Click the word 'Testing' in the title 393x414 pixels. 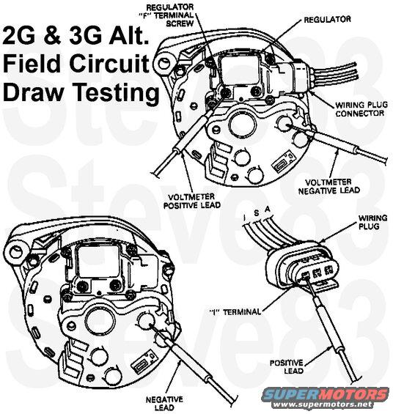[x=120, y=93]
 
